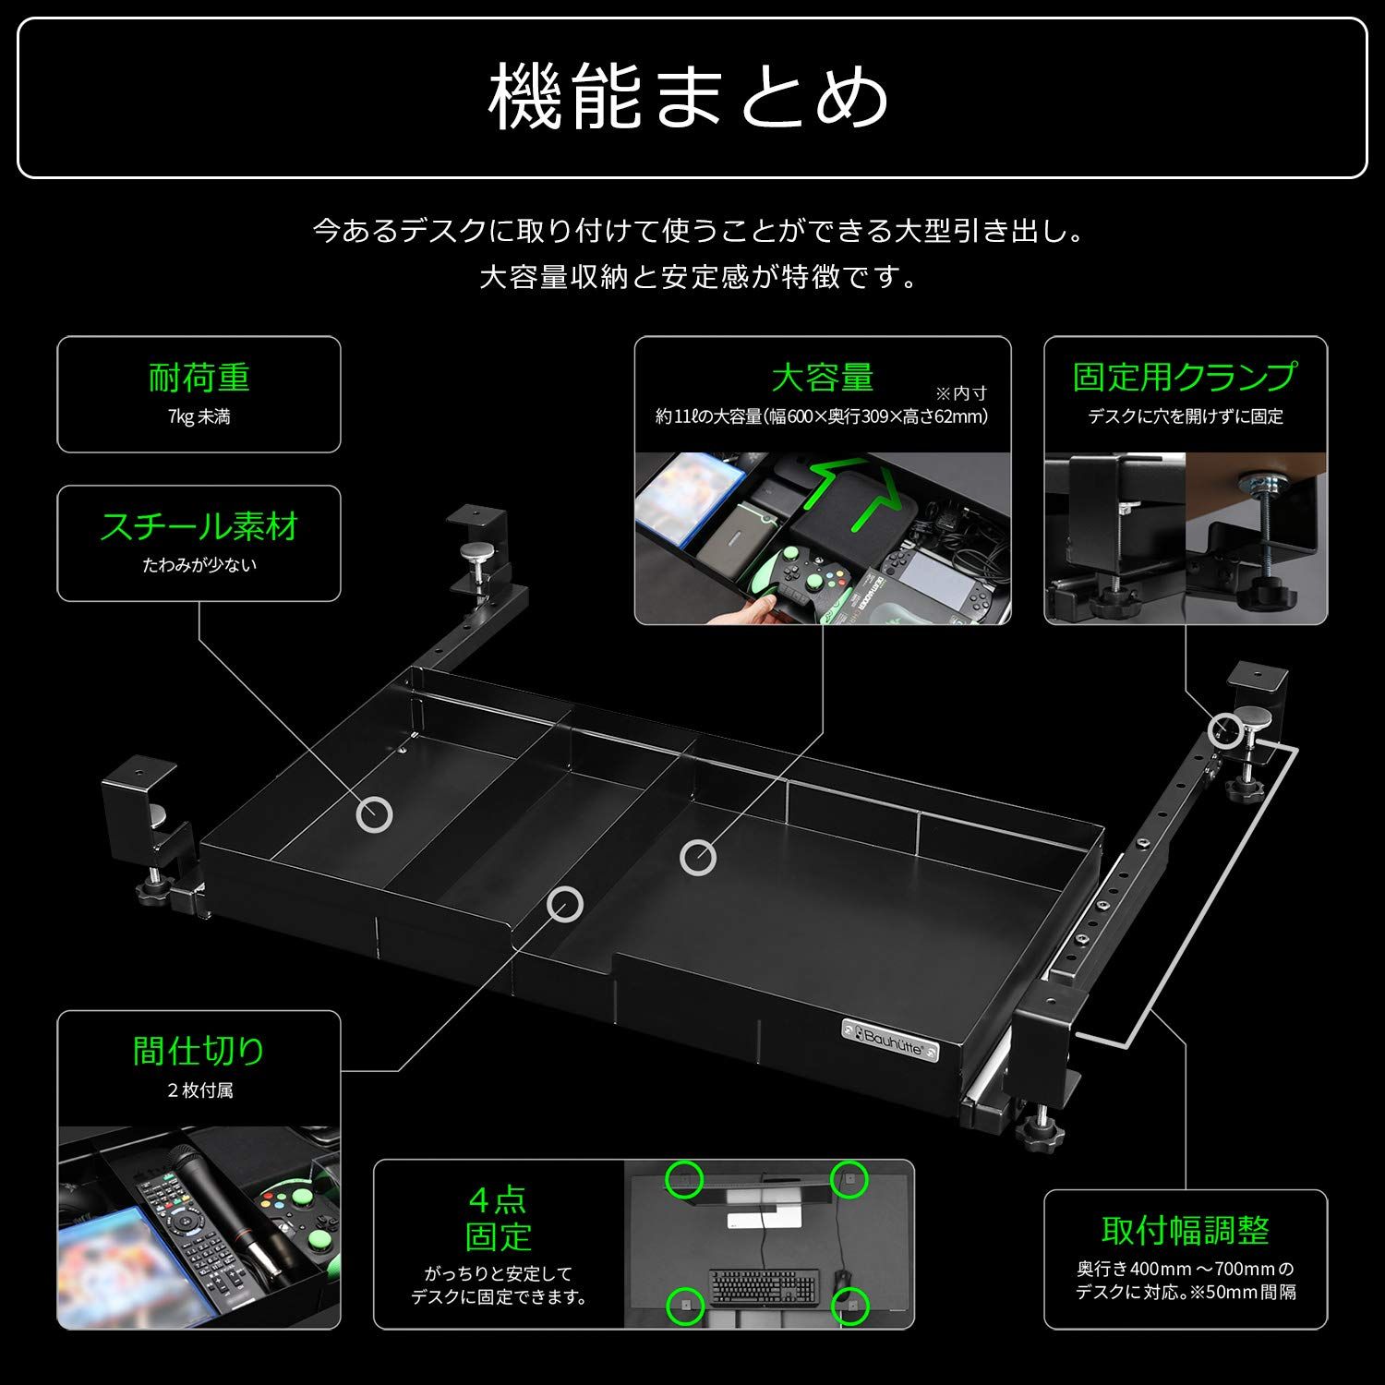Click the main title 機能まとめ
pos(691,97)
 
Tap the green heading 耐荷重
pos(199,378)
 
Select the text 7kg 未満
pos(199,417)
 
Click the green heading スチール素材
pos(199,526)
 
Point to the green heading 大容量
pos(822,378)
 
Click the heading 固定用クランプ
pos(1185,377)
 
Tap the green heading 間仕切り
pos(199,1051)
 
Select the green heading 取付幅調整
pos(1185,1230)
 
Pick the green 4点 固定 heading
pos(499,1218)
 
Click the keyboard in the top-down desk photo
pos(764,1283)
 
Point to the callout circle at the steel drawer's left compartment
pos(374,814)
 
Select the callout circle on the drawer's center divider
pos(563,905)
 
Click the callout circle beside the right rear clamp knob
pos(1224,729)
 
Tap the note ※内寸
pos(961,393)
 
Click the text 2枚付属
pos(199,1090)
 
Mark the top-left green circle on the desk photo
pos(684,1179)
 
